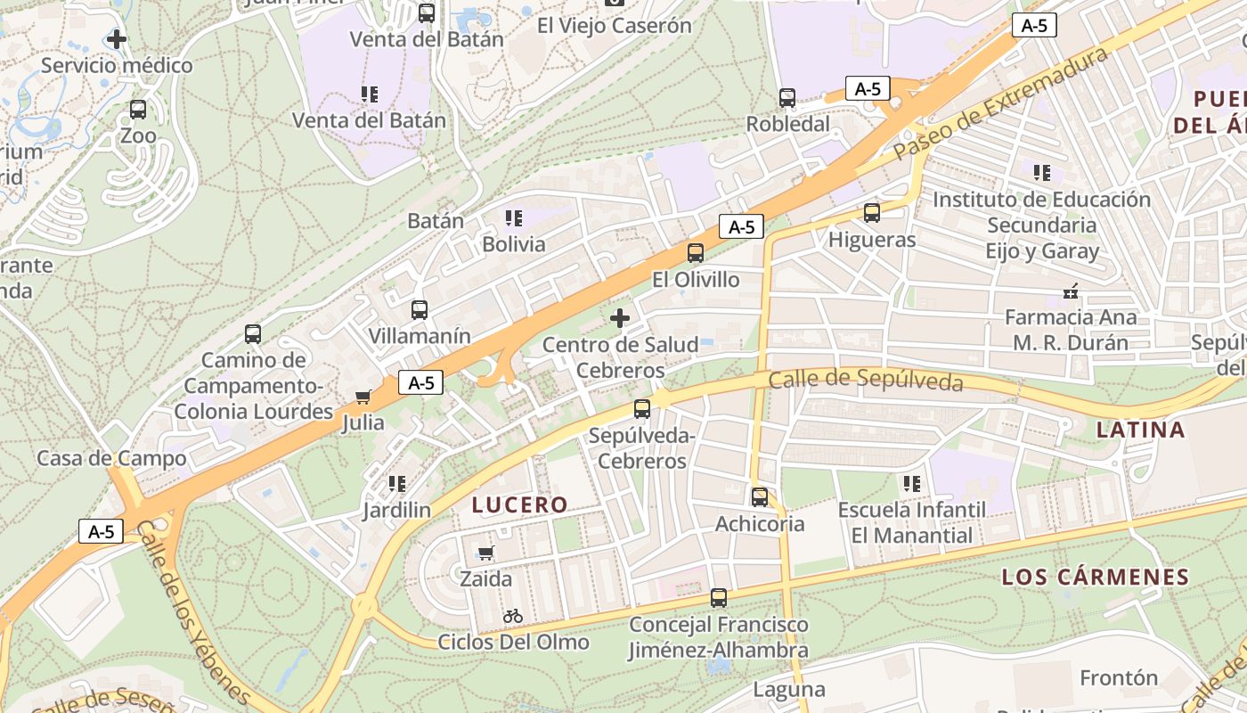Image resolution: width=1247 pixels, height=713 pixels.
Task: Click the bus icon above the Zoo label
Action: click(138, 110)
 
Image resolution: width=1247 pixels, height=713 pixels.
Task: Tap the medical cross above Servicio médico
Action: click(117, 39)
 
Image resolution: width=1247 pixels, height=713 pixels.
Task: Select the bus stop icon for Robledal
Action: click(787, 98)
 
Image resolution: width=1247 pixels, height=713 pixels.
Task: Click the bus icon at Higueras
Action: click(872, 213)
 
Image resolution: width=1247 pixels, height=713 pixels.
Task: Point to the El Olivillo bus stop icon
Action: click(696, 253)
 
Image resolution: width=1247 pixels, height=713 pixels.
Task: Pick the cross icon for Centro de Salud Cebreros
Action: click(620, 317)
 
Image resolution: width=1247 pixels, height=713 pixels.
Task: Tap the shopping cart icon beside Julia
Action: click(363, 397)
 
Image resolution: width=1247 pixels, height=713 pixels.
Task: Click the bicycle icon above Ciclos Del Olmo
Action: click(513, 615)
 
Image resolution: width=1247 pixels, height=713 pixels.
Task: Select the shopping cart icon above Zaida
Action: click(485, 553)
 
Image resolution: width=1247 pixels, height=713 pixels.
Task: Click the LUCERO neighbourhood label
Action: click(520, 505)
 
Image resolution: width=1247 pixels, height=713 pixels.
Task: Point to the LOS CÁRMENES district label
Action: click(1096, 577)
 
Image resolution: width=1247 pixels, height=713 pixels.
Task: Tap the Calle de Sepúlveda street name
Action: click(866, 381)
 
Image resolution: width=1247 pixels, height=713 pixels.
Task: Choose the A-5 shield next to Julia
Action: click(420, 383)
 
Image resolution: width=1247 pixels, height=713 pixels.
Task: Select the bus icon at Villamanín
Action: click(420, 310)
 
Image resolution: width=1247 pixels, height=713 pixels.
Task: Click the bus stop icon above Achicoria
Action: click(760, 497)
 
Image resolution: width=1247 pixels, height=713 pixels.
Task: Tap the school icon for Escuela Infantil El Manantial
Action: click(911, 484)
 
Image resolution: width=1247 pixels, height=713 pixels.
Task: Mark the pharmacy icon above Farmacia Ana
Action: click(1071, 291)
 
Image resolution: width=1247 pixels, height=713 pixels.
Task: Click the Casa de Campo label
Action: click(111, 458)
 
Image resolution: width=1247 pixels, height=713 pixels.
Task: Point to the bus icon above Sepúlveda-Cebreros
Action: click(641, 409)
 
